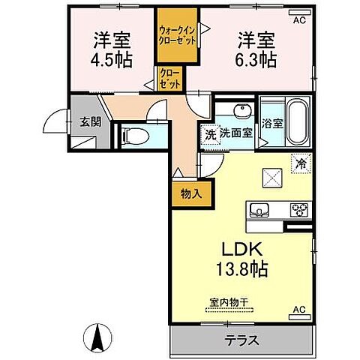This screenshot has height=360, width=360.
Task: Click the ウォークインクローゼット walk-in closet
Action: click(x=177, y=37)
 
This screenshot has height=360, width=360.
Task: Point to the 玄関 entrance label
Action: click(x=91, y=122)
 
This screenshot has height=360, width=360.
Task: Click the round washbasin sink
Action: click(x=241, y=112)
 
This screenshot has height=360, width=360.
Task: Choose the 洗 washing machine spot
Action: click(x=211, y=136)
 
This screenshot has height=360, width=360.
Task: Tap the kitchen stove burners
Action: click(x=299, y=209)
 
